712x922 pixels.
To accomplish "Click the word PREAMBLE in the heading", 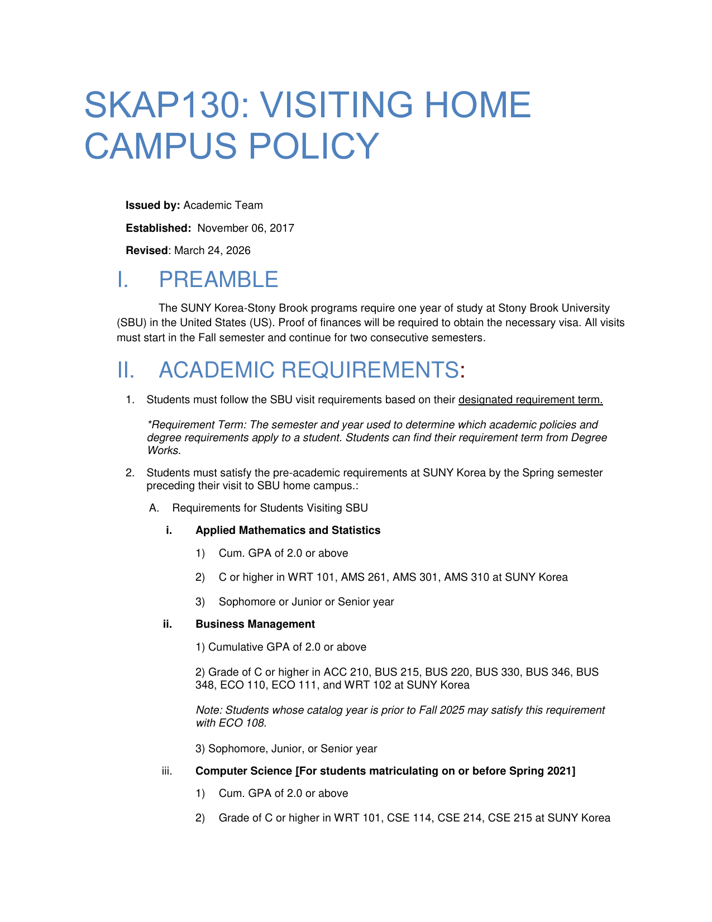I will tap(218, 280).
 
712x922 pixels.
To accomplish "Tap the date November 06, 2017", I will tap(246, 228).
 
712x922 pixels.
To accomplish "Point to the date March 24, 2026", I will tap(212, 250).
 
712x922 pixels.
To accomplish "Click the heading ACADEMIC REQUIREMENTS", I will tap(309, 370).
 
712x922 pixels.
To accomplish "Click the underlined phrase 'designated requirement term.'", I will tap(530, 399).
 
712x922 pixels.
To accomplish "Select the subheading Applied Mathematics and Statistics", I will tap(288, 530).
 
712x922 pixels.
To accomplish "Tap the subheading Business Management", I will tap(255, 624).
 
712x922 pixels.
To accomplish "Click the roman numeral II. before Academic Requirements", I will tap(126, 370).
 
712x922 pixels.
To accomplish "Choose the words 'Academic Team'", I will tap(223, 206).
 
